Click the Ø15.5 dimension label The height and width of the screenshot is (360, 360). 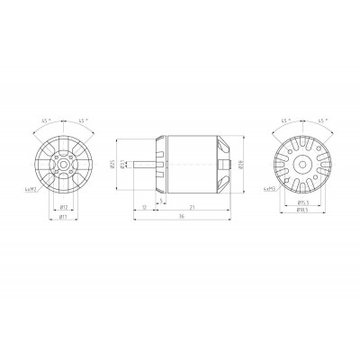(x=302, y=202)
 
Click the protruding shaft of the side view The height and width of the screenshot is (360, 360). (x=146, y=163)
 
